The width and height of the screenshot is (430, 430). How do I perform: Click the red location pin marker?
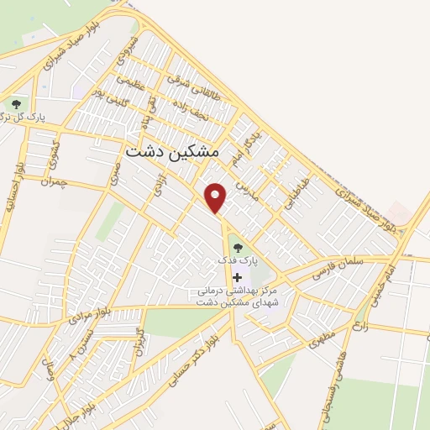217,198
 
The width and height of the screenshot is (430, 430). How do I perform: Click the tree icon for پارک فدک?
238,248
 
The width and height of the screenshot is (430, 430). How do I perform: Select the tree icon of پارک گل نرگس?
16,104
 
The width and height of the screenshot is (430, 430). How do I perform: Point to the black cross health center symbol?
238,276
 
